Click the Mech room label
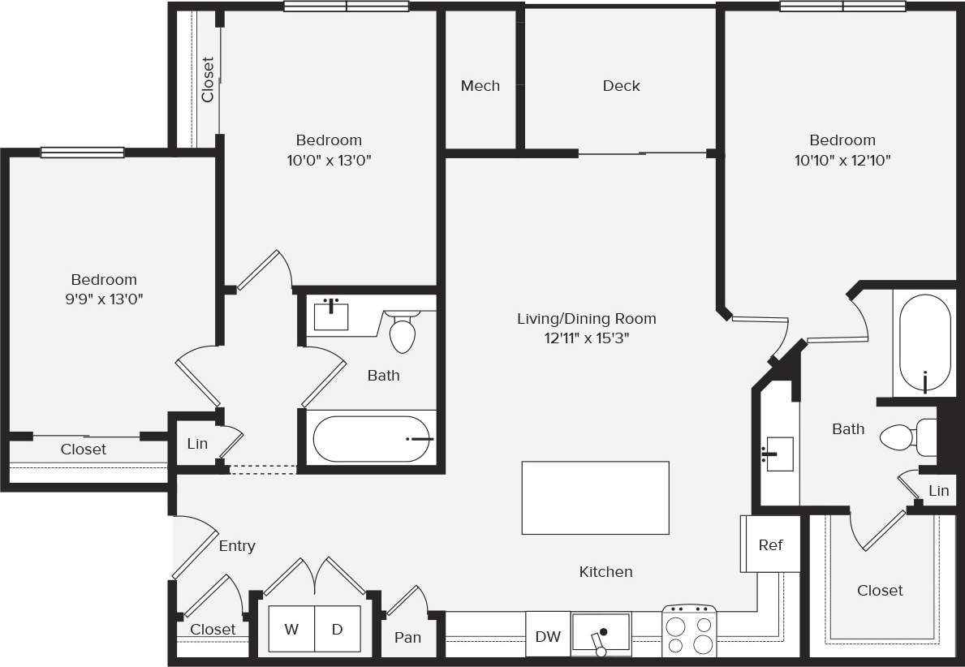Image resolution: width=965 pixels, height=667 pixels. coord(480,86)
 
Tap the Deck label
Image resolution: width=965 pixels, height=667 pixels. coord(622,86)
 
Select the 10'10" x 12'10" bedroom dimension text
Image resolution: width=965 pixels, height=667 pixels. coord(842,161)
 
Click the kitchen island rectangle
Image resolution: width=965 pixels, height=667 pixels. coord(595,497)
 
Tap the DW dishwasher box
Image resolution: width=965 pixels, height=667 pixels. coord(548,636)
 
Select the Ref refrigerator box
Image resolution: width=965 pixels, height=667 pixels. coord(769,544)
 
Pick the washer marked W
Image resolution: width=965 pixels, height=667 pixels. coord(291,629)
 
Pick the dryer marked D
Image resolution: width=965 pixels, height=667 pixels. coord(338,629)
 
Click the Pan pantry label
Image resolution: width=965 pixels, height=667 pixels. coord(407,638)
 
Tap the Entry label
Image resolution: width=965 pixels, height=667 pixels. coord(237,546)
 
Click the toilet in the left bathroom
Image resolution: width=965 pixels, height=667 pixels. coord(403,332)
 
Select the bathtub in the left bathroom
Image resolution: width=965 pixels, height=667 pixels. coord(371,438)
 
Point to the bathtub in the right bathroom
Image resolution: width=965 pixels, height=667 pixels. coord(925,343)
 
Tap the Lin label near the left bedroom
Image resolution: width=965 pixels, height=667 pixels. coord(197,444)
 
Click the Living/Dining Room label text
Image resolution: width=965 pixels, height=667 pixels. coord(586,319)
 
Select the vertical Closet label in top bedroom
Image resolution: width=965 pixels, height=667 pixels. coord(208,79)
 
